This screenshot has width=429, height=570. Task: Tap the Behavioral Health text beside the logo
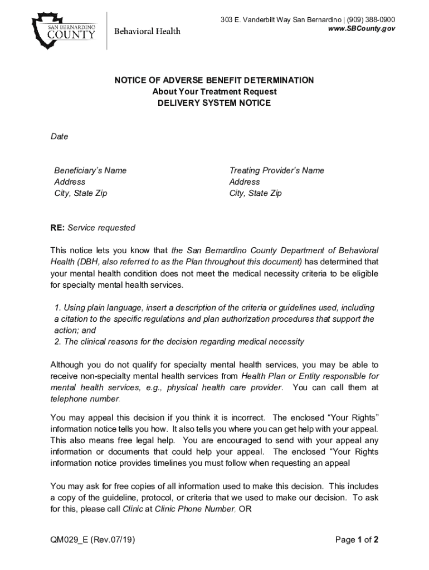point(147,31)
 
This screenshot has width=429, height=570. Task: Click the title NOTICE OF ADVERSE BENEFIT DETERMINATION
point(214,80)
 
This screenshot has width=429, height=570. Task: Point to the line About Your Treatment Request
point(214,92)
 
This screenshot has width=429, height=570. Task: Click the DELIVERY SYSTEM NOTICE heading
point(214,103)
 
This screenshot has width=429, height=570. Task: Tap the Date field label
point(59,136)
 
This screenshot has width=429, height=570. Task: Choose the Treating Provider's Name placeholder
point(276,170)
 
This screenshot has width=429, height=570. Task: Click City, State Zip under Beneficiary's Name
point(80,193)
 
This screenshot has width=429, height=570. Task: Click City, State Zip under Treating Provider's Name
point(255,193)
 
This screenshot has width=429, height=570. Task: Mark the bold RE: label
point(57,228)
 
